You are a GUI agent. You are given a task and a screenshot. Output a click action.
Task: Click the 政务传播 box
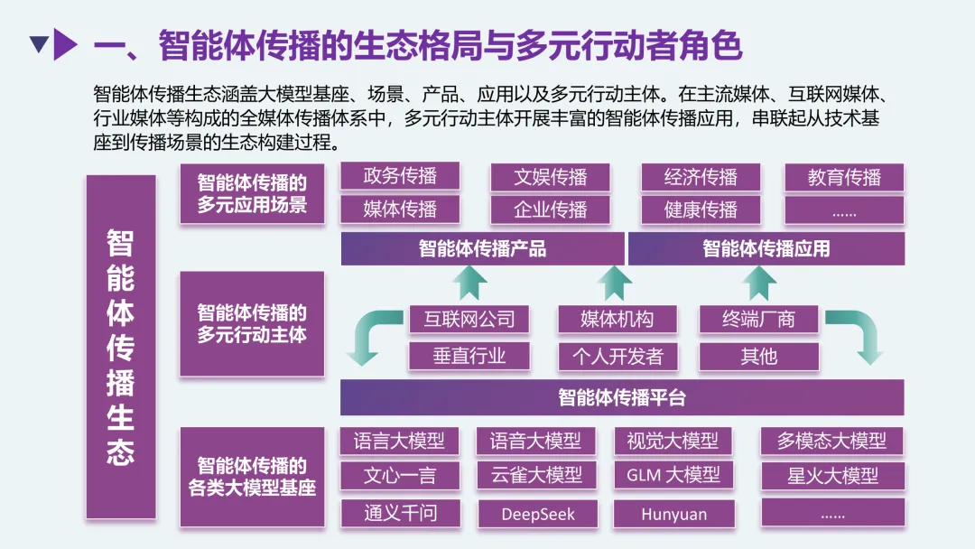coord(400,176)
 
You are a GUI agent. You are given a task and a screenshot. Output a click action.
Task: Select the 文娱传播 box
coord(550,176)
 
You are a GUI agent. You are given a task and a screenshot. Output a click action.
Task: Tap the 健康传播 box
coord(701,209)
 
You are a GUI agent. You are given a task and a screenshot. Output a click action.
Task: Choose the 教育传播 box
coord(844,177)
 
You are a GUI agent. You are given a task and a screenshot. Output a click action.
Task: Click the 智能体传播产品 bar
coord(482,248)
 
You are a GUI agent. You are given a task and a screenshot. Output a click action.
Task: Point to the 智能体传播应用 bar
coord(766,248)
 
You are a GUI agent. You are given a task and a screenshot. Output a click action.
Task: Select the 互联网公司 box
coord(469,319)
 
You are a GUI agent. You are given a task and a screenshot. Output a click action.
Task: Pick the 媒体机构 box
coord(617,319)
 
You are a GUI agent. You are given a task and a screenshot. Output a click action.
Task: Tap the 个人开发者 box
coord(617,356)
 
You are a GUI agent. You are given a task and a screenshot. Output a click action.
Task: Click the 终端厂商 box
coord(758,319)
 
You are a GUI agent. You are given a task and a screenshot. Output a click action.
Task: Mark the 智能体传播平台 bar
coord(622,397)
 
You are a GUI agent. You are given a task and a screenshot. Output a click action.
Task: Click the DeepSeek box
coord(537,514)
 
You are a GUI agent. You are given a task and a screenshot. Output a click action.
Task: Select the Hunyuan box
coord(673,514)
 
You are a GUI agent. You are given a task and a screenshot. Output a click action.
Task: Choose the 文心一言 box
coord(400,475)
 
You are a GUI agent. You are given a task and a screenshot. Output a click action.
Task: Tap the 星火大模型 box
coord(832,475)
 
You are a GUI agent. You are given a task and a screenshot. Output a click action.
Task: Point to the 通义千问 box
coord(400,513)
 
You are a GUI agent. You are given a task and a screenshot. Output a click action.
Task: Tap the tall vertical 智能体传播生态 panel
coord(121,348)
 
